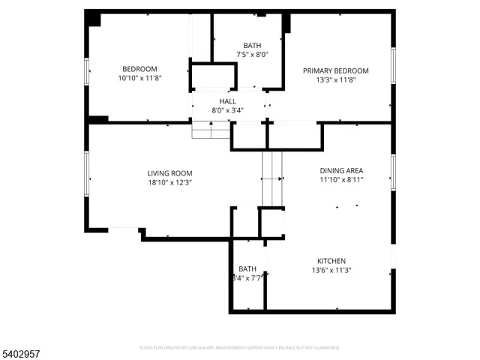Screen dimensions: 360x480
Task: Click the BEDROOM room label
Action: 139,69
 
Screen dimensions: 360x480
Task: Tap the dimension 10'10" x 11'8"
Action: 139,78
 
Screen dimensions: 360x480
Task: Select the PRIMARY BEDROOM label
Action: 335,71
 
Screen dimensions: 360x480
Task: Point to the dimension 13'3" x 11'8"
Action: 335,80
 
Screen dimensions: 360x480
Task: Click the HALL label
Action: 227,101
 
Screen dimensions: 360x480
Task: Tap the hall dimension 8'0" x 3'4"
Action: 227,110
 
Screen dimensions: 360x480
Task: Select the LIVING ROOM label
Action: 169,173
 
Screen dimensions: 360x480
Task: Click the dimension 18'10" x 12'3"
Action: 169,182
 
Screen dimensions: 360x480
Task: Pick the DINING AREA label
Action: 341,171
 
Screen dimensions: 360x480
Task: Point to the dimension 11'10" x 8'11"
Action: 341,180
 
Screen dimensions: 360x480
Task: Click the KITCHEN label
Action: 331,262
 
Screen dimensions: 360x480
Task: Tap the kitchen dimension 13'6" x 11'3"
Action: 331,271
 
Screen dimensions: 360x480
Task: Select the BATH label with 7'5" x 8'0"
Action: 252,46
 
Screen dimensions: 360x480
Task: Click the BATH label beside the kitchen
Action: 247,269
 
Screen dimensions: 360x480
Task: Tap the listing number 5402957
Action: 23,351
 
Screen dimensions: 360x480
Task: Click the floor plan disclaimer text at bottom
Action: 240,348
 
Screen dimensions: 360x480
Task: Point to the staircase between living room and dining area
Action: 271,178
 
